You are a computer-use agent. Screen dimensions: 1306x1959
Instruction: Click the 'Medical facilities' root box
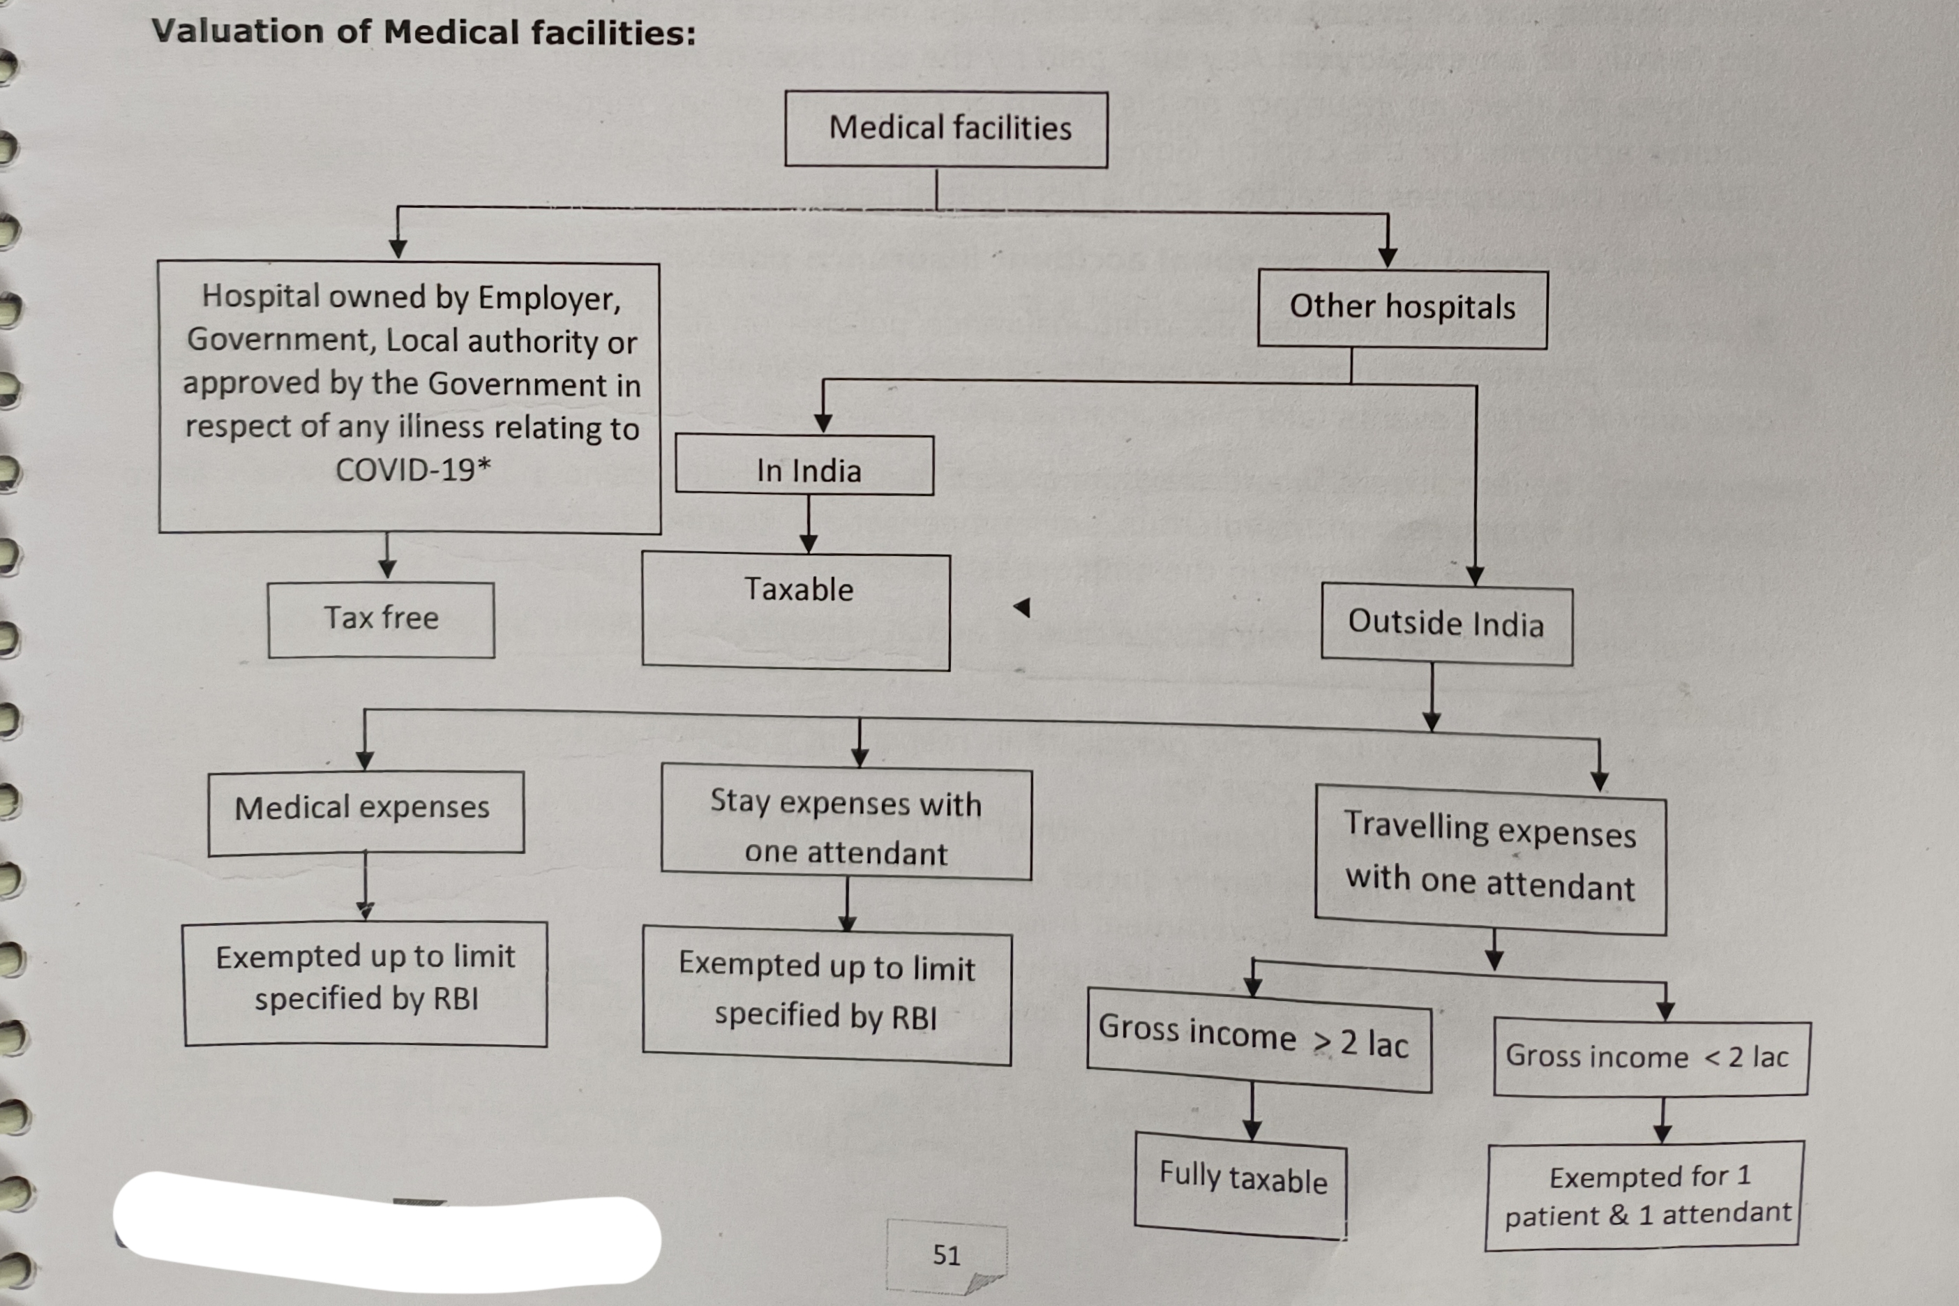(946, 129)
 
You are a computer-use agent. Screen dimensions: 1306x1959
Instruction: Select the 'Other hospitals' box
(1402, 308)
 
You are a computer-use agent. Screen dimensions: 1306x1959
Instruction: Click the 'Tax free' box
(381, 620)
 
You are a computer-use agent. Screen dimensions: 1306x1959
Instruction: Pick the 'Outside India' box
(1447, 624)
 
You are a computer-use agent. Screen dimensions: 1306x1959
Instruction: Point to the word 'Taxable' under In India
(798, 590)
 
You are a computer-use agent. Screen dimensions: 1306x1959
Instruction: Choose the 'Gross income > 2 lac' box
(1259, 1039)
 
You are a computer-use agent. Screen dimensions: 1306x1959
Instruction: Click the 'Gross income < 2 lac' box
(1651, 1056)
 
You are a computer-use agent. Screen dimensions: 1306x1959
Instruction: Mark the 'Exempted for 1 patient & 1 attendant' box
(1644, 1196)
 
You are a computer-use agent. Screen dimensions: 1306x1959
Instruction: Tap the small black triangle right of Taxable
(1023, 608)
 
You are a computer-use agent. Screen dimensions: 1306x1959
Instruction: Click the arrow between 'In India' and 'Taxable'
(808, 525)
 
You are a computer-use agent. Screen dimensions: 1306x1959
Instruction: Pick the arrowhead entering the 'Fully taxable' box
(1252, 1130)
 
